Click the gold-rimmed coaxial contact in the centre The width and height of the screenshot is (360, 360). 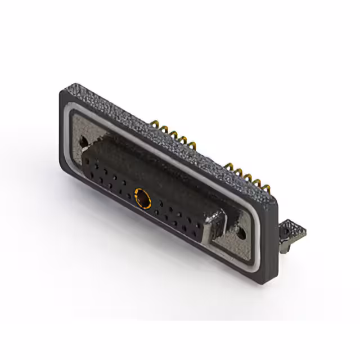click(143, 198)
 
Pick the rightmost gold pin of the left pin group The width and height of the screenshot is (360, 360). click(193, 147)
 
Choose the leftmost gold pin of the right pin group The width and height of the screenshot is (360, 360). click(227, 165)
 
